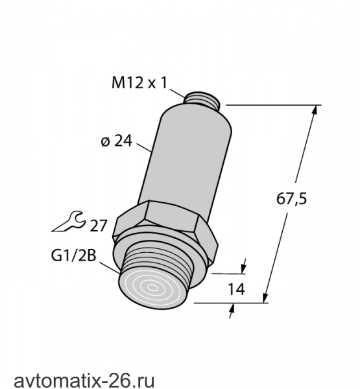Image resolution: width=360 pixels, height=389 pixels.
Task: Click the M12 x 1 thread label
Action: (x=139, y=83)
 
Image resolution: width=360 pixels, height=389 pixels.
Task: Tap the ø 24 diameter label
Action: (x=117, y=141)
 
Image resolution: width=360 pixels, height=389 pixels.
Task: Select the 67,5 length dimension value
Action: (x=291, y=199)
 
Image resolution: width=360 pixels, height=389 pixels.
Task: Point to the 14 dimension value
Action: (x=236, y=289)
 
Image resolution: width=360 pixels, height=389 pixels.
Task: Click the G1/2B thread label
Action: (x=73, y=255)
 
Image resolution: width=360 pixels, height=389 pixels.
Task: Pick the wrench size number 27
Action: (x=98, y=226)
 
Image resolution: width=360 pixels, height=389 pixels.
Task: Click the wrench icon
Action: (x=69, y=222)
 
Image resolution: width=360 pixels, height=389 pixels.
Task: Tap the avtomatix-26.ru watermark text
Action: (x=84, y=380)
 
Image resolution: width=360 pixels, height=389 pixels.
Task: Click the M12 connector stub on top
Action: (x=202, y=100)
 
